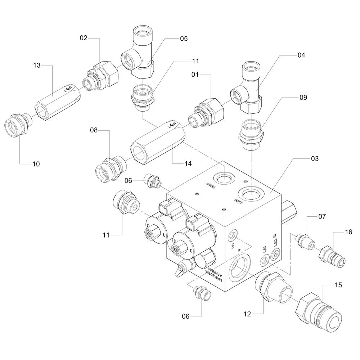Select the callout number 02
pyautogui.click(x=84, y=37)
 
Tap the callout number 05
pyautogui.click(x=184, y=38)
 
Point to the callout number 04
pyautogui.click(x=301, y=55)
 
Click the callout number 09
pyautogui.click(x=302, y=97)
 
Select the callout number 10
pyautogui.click(x=36, y=164)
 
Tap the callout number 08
pyautogui.click(x=94, y=130)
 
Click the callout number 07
pyautogui.click(x=322, y=217)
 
